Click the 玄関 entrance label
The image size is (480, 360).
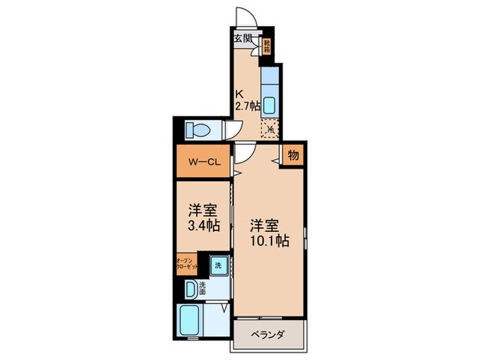[x=243, y=38]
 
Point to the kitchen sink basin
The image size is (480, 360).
[x=269, y=105]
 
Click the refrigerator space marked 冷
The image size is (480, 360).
[x=270, y=128]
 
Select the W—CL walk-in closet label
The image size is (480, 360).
[x=203, y=163]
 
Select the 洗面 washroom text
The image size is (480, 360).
[x=203, y=289]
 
